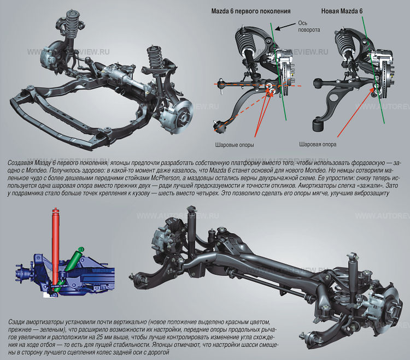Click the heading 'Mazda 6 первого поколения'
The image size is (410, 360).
coord(251,11)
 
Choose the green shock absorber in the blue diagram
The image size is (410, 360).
coord(75,259)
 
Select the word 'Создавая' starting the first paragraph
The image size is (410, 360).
coord(21,163)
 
